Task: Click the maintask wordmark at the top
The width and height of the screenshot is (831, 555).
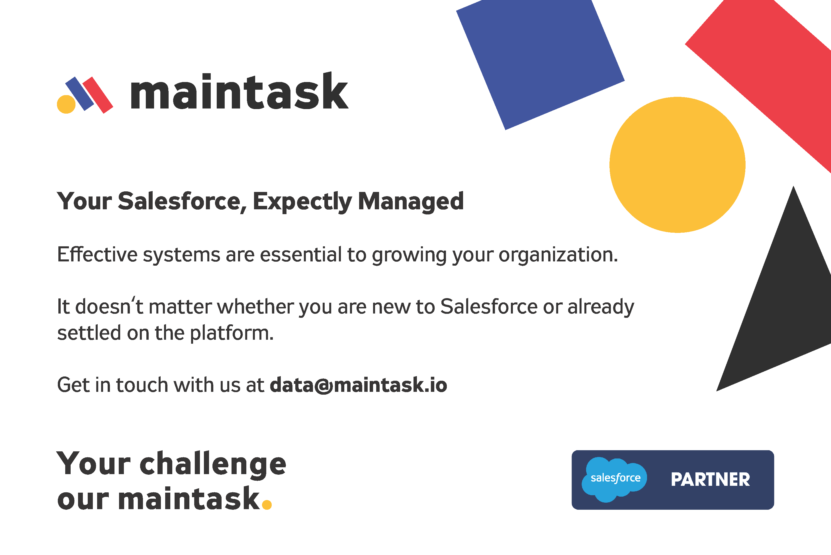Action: pos(239,92)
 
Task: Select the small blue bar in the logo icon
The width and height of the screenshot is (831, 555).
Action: pos(80,93)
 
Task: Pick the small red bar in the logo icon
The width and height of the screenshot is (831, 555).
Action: pos(98,95)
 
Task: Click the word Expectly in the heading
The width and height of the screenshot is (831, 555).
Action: pos(302,201)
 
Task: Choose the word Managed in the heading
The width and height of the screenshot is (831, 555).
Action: pos(411,201)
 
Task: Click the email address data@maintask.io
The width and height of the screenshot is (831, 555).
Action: pos(358,385)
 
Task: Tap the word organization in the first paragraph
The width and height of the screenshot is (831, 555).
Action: pos(558,255)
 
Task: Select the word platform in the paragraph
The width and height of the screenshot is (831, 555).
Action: pos(232,333)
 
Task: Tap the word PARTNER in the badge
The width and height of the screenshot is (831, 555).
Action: pos(710,480)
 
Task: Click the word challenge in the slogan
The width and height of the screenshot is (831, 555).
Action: pos(213,464)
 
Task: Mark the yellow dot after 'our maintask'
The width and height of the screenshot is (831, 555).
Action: pos(267,504)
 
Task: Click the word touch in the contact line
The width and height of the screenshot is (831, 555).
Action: pos(142,385)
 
